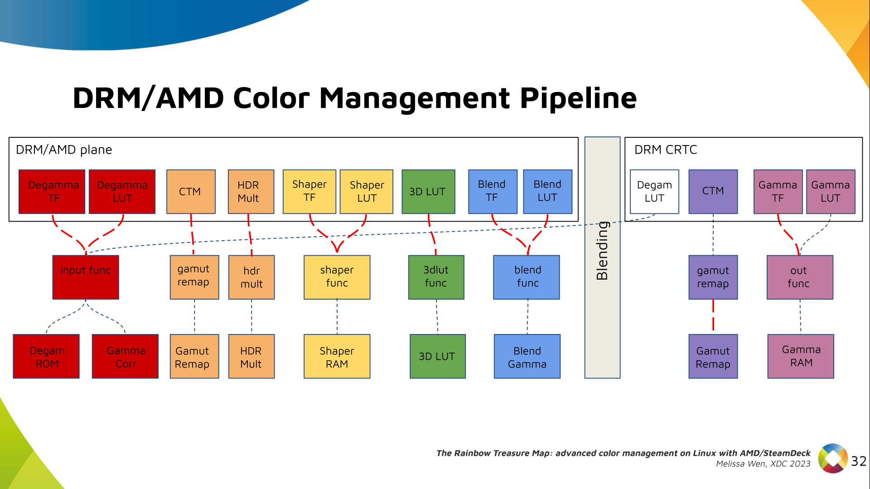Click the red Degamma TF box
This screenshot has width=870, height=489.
click(x=52, y=191)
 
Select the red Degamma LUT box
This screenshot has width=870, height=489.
click(x=122, y=191)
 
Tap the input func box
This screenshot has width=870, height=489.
click(x=86, y=277)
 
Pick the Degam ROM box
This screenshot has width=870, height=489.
click(x=46, y=356)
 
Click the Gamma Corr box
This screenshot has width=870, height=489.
click(x=125, y=356)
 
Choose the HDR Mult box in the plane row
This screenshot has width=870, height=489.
click(x=251, y=191)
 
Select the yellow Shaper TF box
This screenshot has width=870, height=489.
click(x=309, y=191)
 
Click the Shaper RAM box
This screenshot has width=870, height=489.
click(x=337, y=356)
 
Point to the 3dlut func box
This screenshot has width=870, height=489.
click(x=436, y=277)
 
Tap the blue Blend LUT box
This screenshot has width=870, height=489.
click(x=547, y=191)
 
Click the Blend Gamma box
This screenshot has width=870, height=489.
click(x=527, y=356)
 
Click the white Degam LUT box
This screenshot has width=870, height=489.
click(x=654, y=191)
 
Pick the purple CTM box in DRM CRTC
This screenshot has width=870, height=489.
click(x=713, y=191)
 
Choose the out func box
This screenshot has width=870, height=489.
click(x=800, y=277)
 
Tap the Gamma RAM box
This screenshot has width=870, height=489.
click(x=801, y=356)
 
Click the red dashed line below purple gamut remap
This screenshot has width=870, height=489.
click(x=713, y=316)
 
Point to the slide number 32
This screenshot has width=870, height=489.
click(x=858, y=461)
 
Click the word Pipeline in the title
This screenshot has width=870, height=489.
click(x=578, y=98)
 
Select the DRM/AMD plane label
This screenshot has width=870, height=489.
click(x=64, y=150)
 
